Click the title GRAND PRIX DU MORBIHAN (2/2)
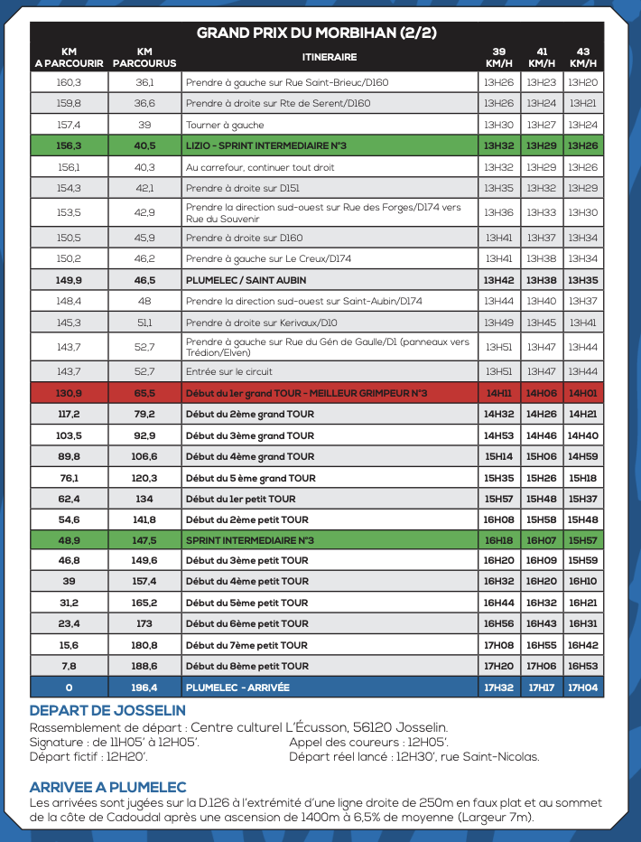pos(317,33)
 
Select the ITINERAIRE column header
pos(329,57)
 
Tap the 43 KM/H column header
pos(583,57)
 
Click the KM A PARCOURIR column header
pos(69,57)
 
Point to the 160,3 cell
pos(69,82)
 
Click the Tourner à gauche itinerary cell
pos(225,125)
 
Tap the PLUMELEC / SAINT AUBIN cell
pos(234,280)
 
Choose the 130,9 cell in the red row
pos(69,393)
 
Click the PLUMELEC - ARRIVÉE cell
pos(237,688)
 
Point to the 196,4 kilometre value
pos(144,688)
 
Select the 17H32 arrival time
pos(498,688)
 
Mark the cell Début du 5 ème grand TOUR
pos(250,478)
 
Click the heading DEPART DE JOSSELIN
pos(107,711)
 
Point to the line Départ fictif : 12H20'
pos(88,757)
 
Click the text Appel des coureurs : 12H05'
pos(369,743)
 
